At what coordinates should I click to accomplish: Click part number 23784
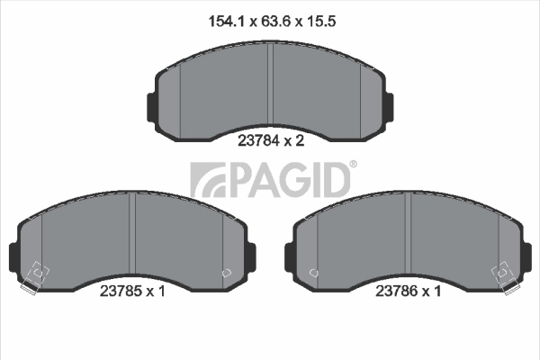257,140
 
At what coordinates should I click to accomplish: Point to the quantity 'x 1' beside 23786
432,292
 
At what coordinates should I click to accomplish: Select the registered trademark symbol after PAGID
353,165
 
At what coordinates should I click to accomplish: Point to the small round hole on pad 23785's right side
226,271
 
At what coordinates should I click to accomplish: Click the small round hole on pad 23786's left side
313,271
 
